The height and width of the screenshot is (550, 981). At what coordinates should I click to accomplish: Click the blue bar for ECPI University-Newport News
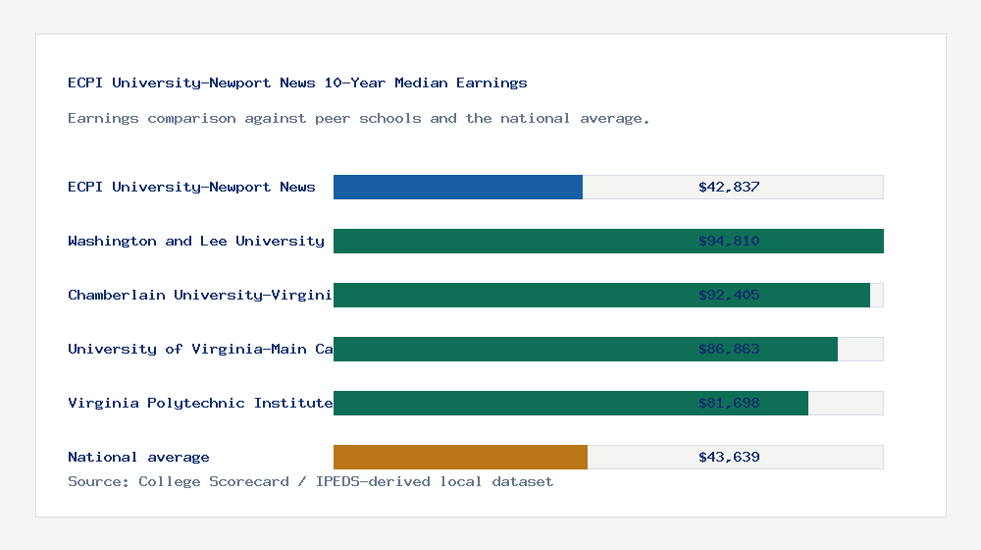point(458,187)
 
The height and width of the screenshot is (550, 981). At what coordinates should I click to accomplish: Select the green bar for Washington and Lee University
point(510,241)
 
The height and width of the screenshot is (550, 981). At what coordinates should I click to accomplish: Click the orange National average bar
point(460,457)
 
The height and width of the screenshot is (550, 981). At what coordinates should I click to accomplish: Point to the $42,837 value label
point(729,187)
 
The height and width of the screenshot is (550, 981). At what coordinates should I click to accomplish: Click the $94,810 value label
point(729,241)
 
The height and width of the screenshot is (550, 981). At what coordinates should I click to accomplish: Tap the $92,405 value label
point(729,295)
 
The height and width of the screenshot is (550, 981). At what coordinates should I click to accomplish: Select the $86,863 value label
point(729,349)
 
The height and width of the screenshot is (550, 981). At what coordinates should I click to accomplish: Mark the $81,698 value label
point(729,403)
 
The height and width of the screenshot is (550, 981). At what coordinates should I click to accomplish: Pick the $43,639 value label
point(729,457)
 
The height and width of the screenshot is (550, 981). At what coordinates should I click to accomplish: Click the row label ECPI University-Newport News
point(191,187)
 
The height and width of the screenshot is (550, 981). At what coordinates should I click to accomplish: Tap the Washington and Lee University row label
point(196,241)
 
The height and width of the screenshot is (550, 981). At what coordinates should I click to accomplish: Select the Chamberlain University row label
point(200,295)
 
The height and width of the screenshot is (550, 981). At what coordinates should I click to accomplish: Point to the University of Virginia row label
point(200,349)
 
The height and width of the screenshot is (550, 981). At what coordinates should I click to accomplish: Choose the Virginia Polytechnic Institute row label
point(200,403)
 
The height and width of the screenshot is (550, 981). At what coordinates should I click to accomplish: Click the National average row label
point(138,457)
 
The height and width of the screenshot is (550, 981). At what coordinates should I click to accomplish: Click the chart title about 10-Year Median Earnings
point(297,83)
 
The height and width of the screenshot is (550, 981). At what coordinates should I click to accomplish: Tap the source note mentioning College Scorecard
point(310,481)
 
